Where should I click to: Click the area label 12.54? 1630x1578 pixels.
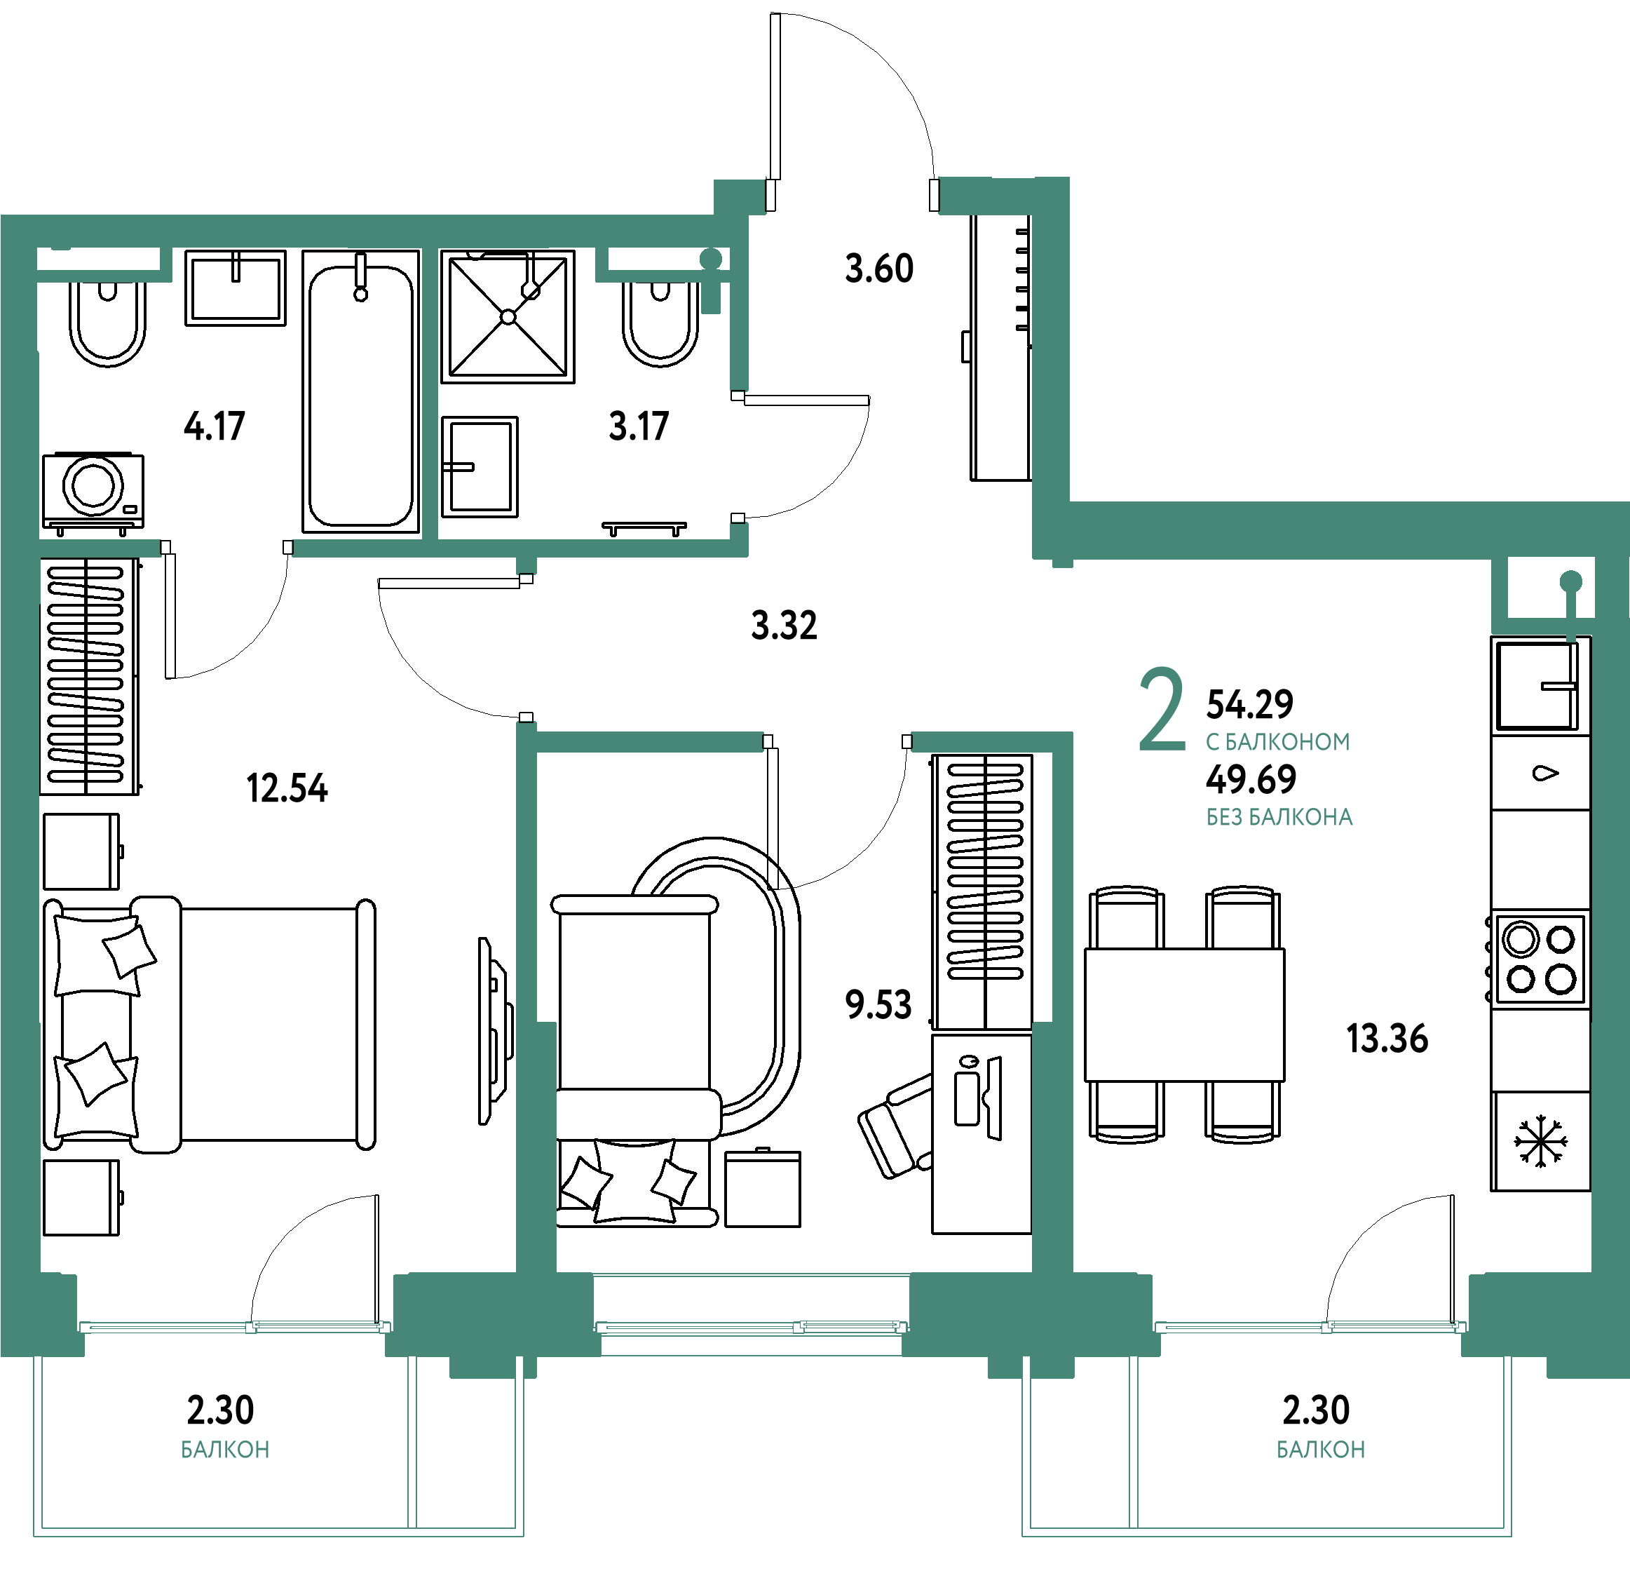pyautogui.click(x=287, y=788)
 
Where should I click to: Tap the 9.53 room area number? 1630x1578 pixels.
pyautogui.click(x=878, y=1005)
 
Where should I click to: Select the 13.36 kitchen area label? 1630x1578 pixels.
pyautogui.click(x=1387, y=1039)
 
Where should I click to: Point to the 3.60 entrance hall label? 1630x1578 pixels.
pyautogui.click(x=879, y=269)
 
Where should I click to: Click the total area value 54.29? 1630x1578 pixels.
pyautogui.click(x=1250, y=705)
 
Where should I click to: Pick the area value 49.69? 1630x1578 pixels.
pyautogui.click(x=1251, y=779)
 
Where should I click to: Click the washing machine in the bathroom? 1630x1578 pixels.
pyautogui.click(x=93, y=492)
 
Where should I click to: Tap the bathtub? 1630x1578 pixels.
pyautogui.click(x=361, y=391)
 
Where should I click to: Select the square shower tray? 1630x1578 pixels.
pyautogui.click(x=508, y=317)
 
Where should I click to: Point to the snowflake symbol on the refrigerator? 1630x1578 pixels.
pyautogui.click(x=1540, y=1141)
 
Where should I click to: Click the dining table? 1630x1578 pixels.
pyautogui.click(x=1184, y=1015)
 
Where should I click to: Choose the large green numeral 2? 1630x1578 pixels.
pyautogui.click(x=1162, y=709)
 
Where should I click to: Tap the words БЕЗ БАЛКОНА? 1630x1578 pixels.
pyautogui.click(x=1279, y=818)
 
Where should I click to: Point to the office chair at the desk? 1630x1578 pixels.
pyautogui.click(x=897, y=1127)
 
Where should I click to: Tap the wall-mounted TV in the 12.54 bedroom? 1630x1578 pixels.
pyautogui.click(x=495, y=1032)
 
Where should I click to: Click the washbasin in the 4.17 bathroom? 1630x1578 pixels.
pyautogui.click(x=236, y=288)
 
